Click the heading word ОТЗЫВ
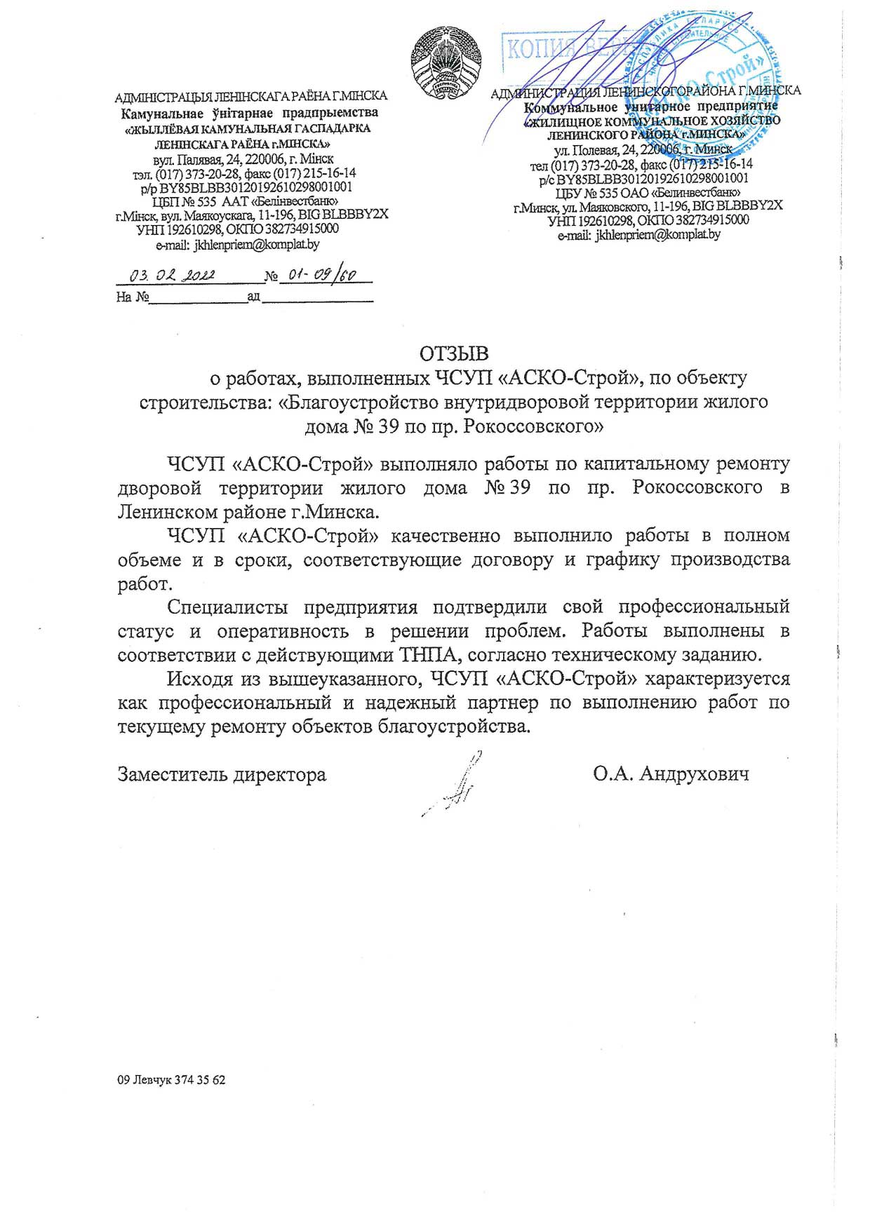453,353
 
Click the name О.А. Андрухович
670,773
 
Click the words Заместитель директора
222,774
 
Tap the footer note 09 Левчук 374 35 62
172,1080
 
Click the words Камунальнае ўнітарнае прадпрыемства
249,113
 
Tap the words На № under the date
133,297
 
